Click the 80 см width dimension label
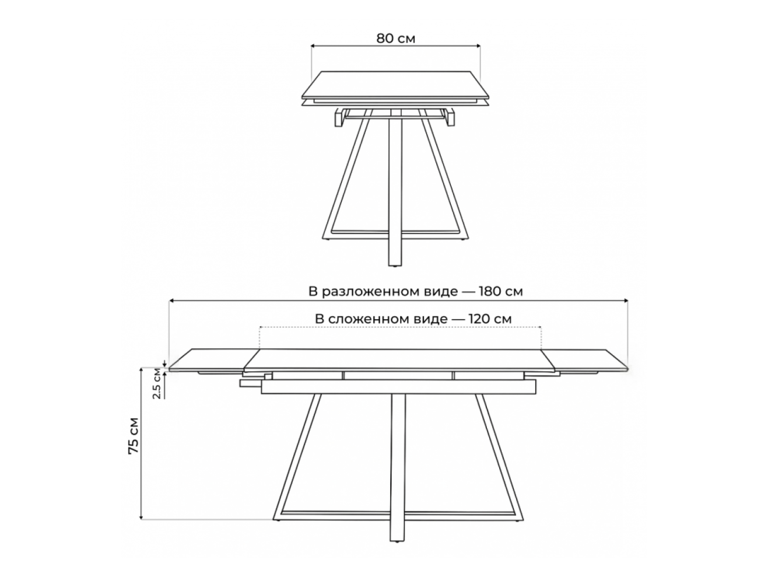[396, 39]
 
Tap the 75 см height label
[134, 436]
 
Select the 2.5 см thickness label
[156, 384]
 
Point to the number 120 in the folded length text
[481, 319]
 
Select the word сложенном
[388, 320]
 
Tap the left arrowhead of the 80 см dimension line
[313, 46]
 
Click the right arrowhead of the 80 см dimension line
[478, 46]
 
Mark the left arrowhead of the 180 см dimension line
[171, 300]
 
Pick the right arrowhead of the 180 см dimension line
[625, 300]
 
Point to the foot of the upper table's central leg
[395, 264]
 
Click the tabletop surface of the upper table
[395, 85]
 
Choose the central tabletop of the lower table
[399, 360]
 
